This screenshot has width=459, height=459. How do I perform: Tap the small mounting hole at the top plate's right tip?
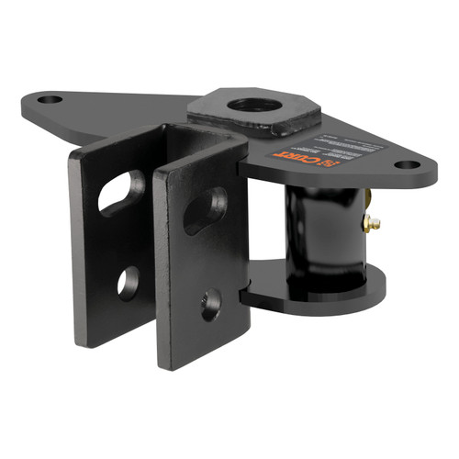tap(405, 166)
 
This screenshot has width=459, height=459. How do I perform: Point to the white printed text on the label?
tap(339, 145)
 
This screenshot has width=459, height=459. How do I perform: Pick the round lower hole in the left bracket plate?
tap(129, 281)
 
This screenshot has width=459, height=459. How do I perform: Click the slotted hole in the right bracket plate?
tap(205, 208)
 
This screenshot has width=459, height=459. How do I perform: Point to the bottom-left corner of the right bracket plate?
tap(162, 364)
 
